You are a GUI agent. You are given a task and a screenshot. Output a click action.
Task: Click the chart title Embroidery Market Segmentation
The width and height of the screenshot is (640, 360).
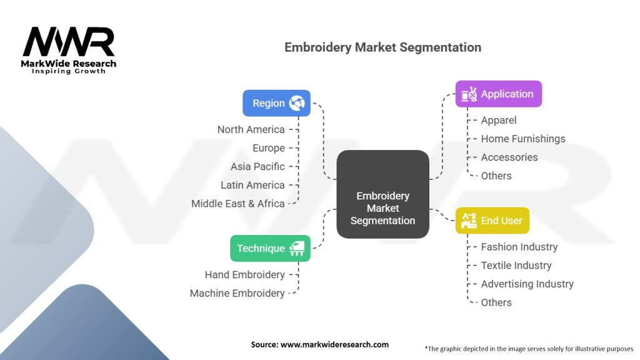point(382,47)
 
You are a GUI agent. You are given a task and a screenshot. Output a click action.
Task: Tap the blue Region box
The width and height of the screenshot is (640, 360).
point(276,103)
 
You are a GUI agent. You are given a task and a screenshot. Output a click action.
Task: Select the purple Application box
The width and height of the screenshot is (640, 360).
point(498,94)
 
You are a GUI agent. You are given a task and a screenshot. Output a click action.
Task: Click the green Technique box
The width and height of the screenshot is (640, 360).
point(270,248)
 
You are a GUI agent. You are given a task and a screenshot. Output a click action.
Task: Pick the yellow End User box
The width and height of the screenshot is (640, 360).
point(492,221)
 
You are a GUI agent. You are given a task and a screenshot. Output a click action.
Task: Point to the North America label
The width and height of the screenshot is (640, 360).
point(251,129)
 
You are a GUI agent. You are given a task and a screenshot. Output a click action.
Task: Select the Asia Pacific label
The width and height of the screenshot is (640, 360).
point(257,166)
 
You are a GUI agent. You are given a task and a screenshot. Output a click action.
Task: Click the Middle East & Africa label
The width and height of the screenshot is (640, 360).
point(238,203)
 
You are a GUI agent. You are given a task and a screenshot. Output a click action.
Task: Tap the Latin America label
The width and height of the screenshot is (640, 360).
point(252,185)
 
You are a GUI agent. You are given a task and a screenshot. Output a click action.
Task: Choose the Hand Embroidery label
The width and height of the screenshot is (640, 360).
point(244,274)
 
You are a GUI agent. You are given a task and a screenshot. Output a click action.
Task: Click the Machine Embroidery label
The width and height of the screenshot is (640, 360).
point(237,293)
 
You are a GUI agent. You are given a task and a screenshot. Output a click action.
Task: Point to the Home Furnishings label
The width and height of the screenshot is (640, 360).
point(522,139)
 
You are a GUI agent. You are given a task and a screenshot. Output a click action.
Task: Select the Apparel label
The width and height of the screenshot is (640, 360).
point(499,120)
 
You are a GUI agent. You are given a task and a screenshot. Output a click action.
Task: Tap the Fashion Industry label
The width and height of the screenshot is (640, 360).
point(519,247)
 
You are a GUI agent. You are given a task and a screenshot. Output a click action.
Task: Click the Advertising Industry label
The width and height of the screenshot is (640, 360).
point(527,284)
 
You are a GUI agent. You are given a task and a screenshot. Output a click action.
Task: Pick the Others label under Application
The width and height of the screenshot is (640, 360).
point(496,176)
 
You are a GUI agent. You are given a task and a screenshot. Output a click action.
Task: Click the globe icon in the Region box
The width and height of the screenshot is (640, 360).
point(297,103)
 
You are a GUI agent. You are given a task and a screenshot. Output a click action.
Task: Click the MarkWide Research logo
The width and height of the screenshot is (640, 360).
point(69,50)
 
